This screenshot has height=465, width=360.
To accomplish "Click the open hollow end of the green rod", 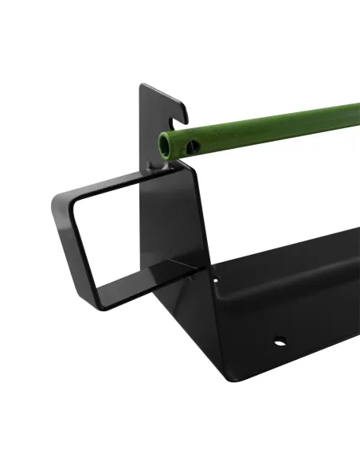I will pos(166,144).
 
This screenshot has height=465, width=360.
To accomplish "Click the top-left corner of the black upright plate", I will pos(141,86).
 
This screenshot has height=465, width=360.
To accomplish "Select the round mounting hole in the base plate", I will pos(281,343).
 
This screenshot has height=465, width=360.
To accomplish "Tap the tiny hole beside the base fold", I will pos(216,280).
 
